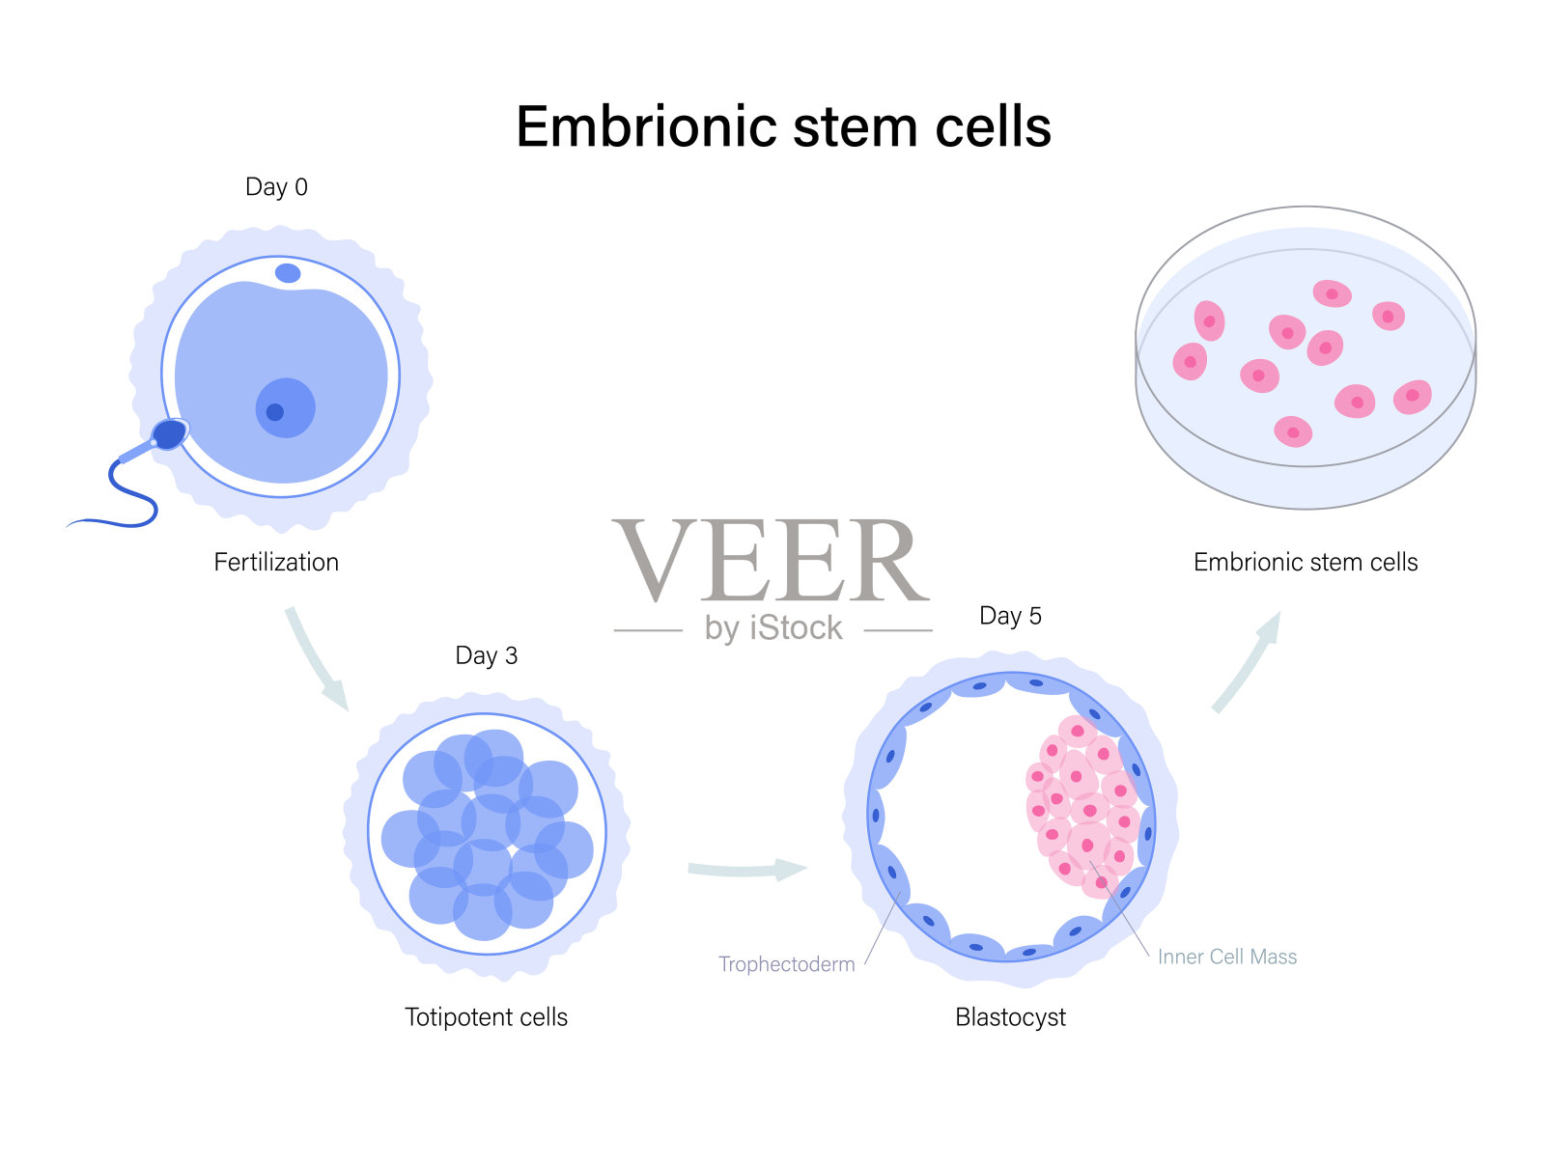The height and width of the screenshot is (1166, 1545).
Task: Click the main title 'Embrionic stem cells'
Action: click(783, 127)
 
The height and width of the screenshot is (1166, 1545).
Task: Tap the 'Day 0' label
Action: click(276, 187)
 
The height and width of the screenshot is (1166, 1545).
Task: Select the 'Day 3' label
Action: click(486, 656)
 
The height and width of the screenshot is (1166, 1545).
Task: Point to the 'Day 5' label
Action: click(1010, 617)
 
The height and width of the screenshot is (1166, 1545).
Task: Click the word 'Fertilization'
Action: click(276, 563)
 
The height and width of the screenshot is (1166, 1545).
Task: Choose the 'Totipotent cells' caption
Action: click(486, 1017)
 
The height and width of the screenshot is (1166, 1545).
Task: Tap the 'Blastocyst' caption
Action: click(1010, 1017)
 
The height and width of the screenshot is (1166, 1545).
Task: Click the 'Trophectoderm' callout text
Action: click(786, 964)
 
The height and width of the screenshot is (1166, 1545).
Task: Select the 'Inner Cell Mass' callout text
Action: click(1226, 957)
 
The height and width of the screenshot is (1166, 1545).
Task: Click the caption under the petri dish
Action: click(1306, 563)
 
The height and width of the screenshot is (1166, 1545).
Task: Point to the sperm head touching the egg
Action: click(169, 434)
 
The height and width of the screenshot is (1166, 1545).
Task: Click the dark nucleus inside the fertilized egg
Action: click(275, 412)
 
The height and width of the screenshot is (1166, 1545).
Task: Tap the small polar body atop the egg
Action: click(288, 273)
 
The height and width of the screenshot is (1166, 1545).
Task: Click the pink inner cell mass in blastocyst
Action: click(1081, 806)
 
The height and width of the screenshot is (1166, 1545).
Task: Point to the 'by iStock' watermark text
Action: click(773, 628)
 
